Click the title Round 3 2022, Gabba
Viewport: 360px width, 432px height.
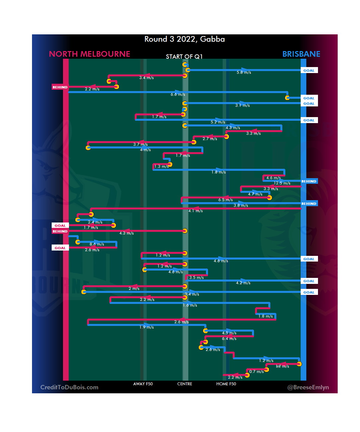point(184,39)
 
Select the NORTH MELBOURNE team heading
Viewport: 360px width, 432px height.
point(89,54)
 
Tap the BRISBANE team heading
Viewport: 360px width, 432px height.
point(301,54)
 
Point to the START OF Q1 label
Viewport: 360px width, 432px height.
point(184,57)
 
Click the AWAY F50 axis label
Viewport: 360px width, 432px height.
point(143,384)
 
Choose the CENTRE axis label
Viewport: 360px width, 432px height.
point(185,384)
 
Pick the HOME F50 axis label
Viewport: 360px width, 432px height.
point(226,384)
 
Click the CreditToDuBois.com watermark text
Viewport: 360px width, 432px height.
point(69,387)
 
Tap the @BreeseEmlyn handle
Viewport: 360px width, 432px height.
point(308,387)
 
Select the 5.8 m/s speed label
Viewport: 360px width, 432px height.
point(244,72)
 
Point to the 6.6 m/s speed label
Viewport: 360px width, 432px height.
point(178,94)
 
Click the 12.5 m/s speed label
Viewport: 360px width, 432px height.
point(282,183)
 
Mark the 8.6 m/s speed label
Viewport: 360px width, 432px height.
point(97,244)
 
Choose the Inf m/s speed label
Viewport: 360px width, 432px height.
point(282,366)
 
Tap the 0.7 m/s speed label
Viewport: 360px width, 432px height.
point(256,372)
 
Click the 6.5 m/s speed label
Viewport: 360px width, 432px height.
point(225,200)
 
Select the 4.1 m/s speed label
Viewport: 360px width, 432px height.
point(195,211)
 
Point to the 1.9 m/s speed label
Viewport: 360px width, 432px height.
point(146,327)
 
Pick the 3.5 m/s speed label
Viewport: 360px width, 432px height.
point(196,278)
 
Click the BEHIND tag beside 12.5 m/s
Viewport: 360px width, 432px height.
point(309,181)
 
